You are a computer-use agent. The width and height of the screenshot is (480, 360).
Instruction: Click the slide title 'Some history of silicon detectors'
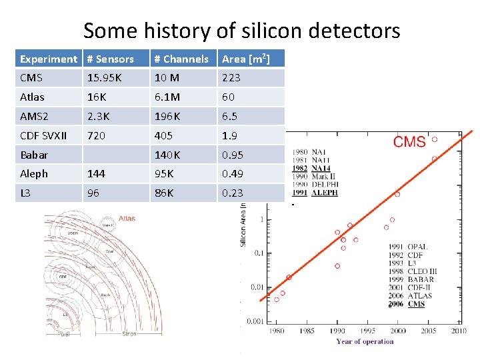[241, 30]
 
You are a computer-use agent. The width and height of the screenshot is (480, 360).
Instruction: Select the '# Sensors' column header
[111, 59]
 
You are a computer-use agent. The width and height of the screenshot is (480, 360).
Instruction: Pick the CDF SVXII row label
[43, 135]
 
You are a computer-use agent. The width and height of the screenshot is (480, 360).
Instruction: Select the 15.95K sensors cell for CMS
[104, 78]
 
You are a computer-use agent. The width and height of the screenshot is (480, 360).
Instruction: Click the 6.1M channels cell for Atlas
[167, 97]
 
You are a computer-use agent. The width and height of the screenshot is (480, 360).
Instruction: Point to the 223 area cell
[231, 78]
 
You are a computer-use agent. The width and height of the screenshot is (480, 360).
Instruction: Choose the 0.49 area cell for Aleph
[233, 173]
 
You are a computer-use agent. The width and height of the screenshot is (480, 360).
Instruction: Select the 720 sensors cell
[97, 135]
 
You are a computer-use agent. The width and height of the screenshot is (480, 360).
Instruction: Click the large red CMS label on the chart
[409, 142]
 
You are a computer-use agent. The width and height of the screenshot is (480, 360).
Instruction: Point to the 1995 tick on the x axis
[368, 331]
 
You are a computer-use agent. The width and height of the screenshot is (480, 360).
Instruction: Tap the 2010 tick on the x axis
[459, 331]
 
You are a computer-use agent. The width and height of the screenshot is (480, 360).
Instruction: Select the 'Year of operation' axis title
[365, 341]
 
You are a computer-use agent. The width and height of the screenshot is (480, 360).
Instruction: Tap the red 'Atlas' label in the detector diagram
[127, 218]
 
